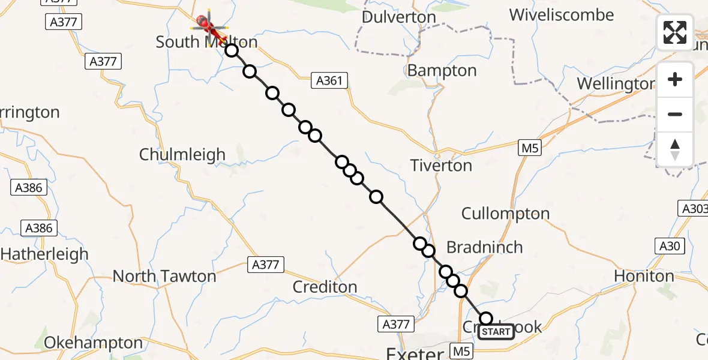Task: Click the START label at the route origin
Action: click(496, 332)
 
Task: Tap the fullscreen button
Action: click(675, 32)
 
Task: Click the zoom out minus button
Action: click(675, 114)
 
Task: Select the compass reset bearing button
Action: click(675, 149)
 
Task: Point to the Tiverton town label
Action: click(442, 166)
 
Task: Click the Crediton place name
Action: click(325, 287)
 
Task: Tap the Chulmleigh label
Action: click(182, 155)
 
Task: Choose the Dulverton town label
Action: click(398, 17)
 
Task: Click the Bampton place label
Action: click(442, 71)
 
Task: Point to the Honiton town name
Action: click(644, 276)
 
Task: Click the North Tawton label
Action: click(164, 277)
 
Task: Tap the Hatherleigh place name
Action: click(44, 254)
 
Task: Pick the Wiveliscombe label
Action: click(562, 15)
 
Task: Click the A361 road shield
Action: click(329, 80)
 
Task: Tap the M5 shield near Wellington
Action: click(530, 148)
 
